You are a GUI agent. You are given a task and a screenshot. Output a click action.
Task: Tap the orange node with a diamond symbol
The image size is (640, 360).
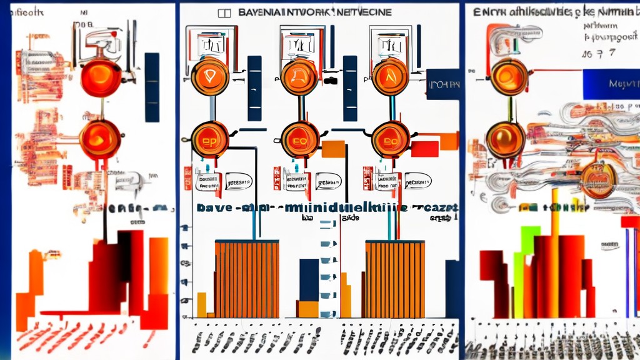click(209, 77)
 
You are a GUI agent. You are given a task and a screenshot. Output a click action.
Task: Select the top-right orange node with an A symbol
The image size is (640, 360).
click(391, 77)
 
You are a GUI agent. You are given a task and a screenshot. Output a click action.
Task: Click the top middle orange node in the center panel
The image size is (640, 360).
click(299, 77)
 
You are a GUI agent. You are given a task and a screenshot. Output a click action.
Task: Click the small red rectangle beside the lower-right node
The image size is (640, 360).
click(425, 148)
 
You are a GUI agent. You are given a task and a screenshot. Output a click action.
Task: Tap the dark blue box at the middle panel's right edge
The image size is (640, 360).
click(444, 84)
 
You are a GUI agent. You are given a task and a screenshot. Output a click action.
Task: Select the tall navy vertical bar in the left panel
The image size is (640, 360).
click(152, 87)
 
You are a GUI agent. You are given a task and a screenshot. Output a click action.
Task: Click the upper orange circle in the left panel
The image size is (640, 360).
click(101, 77)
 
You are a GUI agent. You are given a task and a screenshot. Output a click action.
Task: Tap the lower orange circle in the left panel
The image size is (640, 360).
click(100, 139)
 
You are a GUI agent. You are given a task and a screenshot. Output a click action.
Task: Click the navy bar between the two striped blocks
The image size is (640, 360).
click(309, 280)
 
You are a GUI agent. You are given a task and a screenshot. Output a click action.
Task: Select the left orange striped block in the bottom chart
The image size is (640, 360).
click(247, 279)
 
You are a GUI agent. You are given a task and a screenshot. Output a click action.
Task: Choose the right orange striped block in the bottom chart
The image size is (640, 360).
click(395, 279)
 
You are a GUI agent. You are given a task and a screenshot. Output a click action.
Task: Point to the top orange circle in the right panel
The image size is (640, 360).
click(509, 76)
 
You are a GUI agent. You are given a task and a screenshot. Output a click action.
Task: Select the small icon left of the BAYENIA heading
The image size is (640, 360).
click(223, 12)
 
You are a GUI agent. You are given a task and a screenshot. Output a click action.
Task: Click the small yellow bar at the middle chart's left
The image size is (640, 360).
click(201, 304)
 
